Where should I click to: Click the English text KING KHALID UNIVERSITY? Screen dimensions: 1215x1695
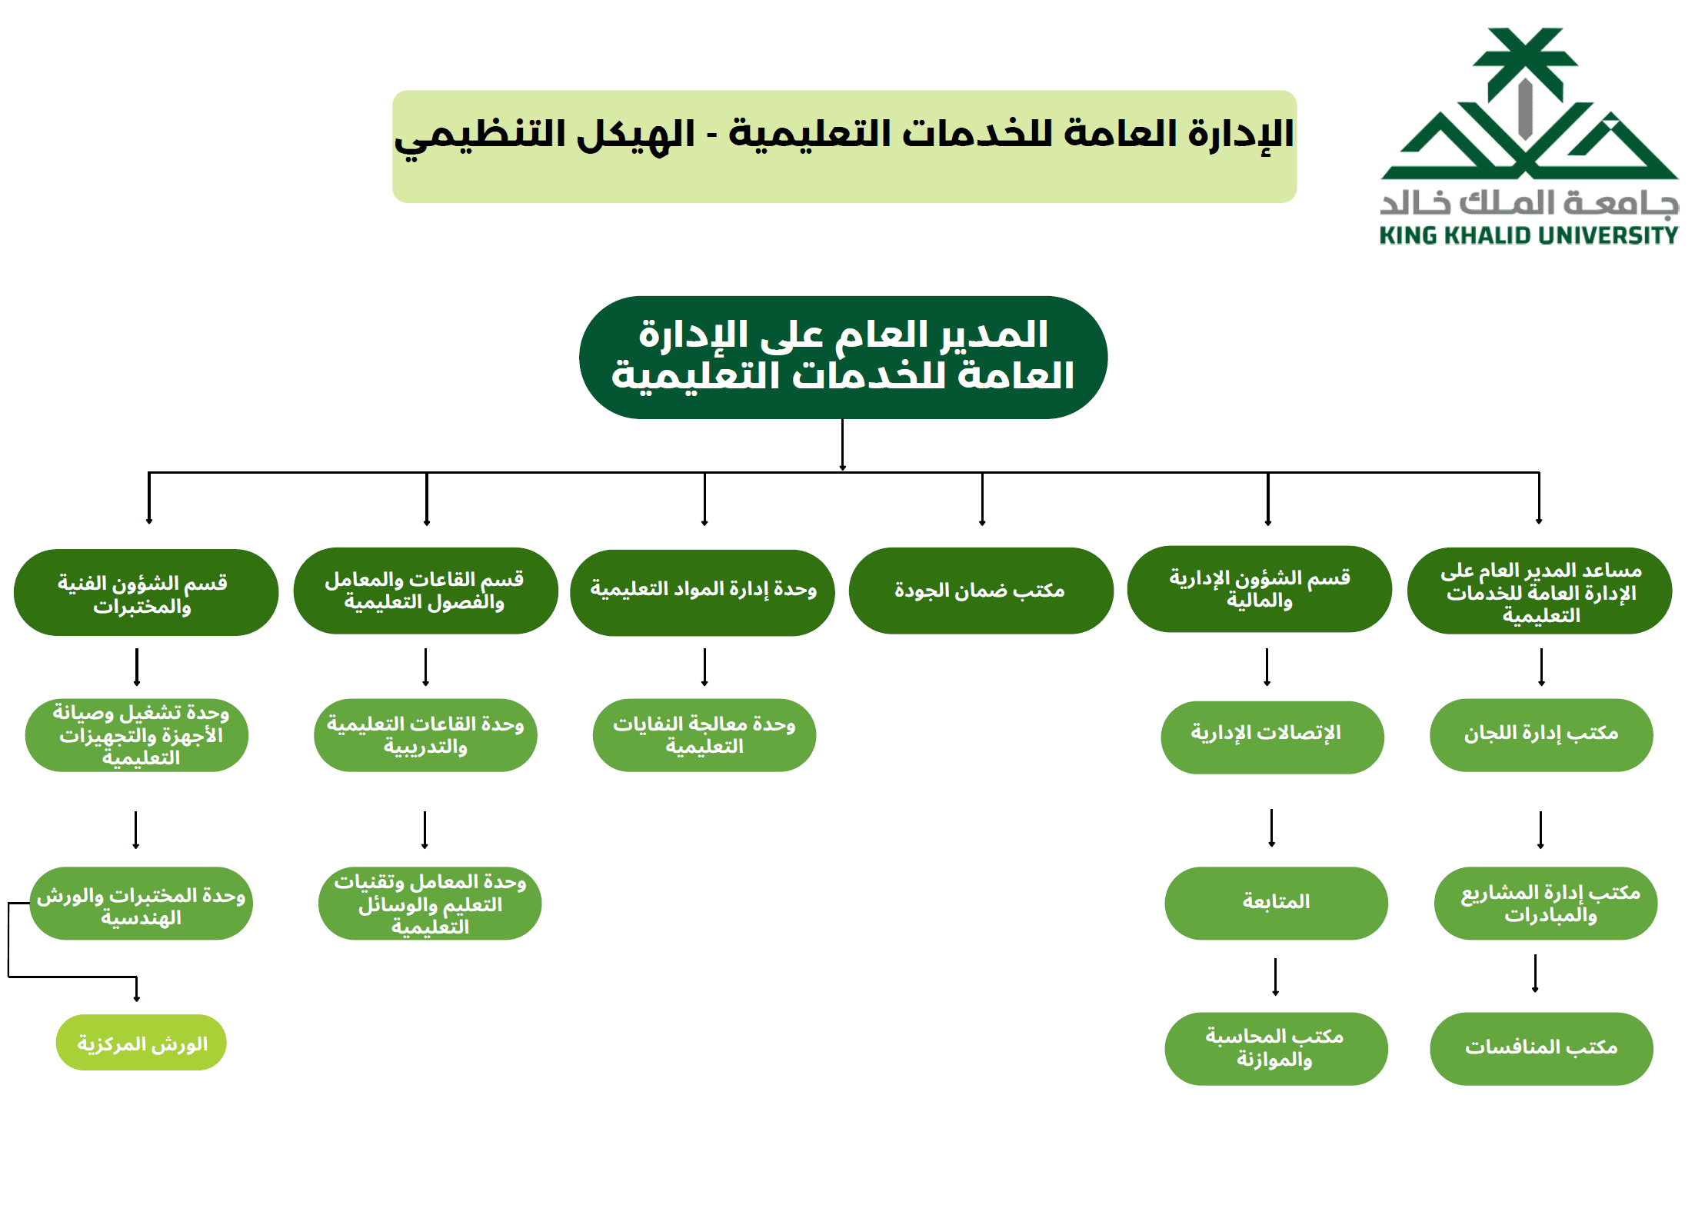pos(1528,235)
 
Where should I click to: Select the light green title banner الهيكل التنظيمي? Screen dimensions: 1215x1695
pos(844,146)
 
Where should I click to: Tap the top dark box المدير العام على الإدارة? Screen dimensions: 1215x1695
pos(843,357)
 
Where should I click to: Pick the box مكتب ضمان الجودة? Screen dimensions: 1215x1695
pos(981,591)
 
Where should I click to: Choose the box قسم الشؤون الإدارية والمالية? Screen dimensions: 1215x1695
pos(1259,589)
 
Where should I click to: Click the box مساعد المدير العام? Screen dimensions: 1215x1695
pos(1539,591)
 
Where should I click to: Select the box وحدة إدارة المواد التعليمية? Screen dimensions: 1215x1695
pos(702,591)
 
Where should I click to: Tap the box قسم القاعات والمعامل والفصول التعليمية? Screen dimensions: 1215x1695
pos(425,591)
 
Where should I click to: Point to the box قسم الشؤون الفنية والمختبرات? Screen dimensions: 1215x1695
pos(145,592)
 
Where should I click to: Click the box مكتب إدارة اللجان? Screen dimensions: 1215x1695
pos(1540,734)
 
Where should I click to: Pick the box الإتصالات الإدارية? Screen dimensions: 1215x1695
pos(1271,736)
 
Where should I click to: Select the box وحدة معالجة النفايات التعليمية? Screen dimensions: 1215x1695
pos(704,735)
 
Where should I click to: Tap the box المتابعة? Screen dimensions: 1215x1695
pos(1276,902)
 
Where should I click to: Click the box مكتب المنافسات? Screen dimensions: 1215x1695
pos(1540,1047)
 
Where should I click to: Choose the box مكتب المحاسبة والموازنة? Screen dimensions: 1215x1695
pos(1275,1047)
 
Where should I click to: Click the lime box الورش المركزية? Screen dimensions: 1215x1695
pos(141,1042)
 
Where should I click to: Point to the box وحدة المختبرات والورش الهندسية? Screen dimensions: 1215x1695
pos(141,904)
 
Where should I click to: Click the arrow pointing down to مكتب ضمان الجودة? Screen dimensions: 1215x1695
pos(982,500)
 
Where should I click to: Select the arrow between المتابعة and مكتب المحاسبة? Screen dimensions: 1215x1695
pos(1275,977)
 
